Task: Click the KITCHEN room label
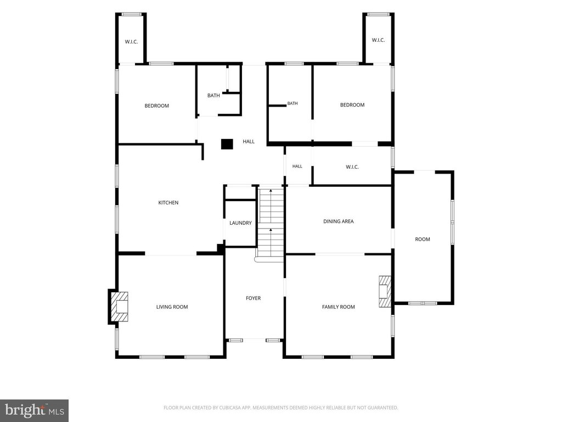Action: pos(168,203)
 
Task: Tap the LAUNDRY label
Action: pos(240,223)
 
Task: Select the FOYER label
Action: pos(253,298)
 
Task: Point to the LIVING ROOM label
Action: pos(172,307)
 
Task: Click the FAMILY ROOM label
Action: pos(338,307)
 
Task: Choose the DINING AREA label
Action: pos(338,221)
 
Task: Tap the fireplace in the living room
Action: pos(119,307)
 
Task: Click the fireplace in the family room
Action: pos(385,291)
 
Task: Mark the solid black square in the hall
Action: pos(227,145)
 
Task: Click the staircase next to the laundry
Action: pos(271,223)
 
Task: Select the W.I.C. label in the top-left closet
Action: pos(131,42)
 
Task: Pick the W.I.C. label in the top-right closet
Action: pos(378,40)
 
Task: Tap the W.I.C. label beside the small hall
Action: pos(352,167)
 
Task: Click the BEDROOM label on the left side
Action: pos(156,106)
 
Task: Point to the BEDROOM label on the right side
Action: pos(352,105)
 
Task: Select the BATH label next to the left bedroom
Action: pos(213,96)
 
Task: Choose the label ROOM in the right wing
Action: pos(423,240)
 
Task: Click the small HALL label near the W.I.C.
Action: pos(297,166)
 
